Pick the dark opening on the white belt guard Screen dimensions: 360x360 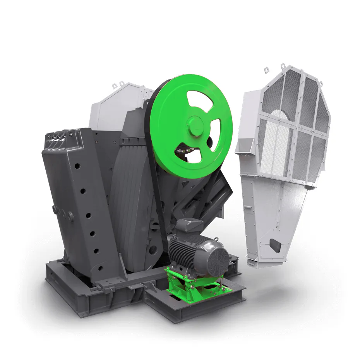pyautogui.click(x=276, y=244)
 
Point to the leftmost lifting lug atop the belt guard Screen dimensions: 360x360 pyautogui.click(x=267, y=70)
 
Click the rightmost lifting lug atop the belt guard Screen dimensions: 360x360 pyautogui.click(x=321, y=83)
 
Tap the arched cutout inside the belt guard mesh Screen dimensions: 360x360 pyautogui.click(x=279, y=115)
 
